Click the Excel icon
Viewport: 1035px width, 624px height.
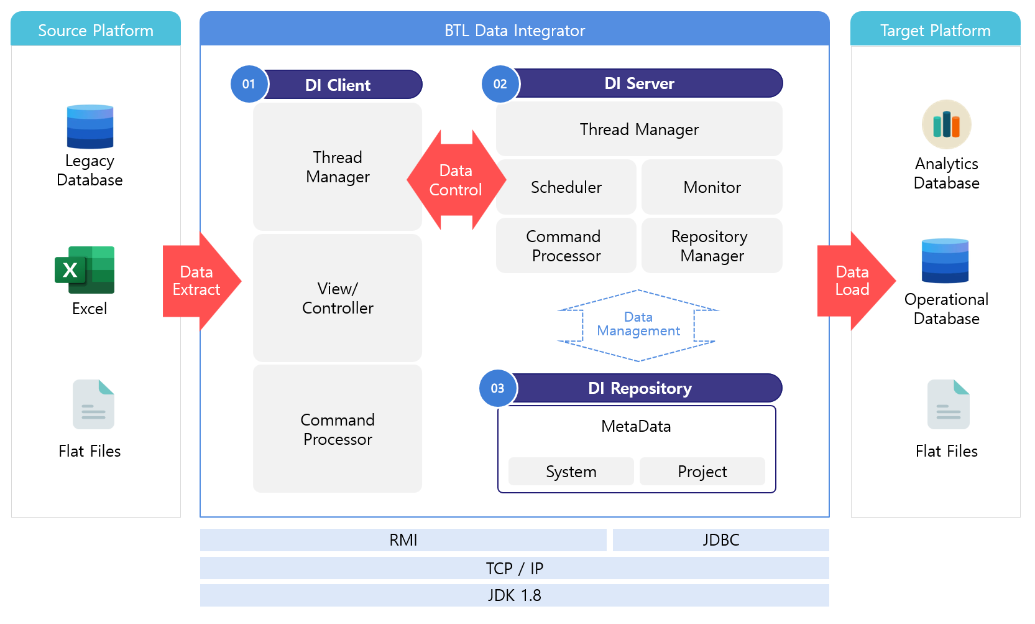pos(85,269)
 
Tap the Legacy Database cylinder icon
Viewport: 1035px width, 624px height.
pos(90,126)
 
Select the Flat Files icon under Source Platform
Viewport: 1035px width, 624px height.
pos(94,404)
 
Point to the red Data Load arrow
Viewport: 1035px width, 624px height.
pos(857,281)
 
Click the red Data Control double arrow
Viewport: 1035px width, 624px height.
pos(456,180)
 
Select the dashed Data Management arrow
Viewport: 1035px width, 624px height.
pos(638,325)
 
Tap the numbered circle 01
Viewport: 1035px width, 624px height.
pos(249,84)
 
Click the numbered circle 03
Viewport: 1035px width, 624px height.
pos(498,388)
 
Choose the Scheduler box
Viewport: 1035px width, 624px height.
pos(566,187)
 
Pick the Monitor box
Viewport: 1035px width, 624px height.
pos(712,187)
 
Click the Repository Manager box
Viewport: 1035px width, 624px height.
pos(712,246)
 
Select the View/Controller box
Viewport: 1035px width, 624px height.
pos(338,298)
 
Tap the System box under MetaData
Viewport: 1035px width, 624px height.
pos(571,472)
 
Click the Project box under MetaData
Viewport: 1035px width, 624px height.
pos(702,472)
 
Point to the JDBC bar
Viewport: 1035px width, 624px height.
pos(721,540)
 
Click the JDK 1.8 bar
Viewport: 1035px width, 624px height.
pos(515,595)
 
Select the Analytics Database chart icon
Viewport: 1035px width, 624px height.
pos(946,124)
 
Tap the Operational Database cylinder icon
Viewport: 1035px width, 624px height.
pos(945,261)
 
